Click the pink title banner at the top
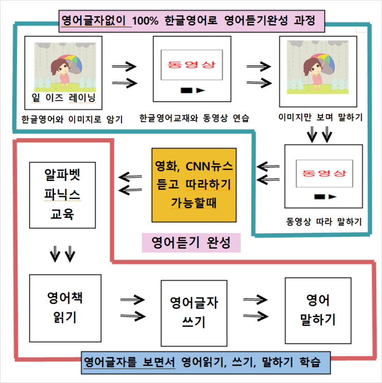tap(192, 21)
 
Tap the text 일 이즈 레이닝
tap(63, 98)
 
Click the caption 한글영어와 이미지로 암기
tap(72, 119)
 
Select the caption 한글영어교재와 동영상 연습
tap(194, 118)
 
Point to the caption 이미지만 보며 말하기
tap(320, 117)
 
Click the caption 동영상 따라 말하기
tap(324, 222)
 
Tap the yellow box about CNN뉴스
tap(194, 185)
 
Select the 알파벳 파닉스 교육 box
tap(62, 195)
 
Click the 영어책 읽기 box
tap(65, 308)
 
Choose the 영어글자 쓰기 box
tap(194, 313)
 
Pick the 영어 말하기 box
tap(318, 310)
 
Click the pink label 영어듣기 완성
tap(191, 242)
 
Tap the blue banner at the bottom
tap(206, 362)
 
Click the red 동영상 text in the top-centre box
tap(192, 64)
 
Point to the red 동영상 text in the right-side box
tap(324, 173)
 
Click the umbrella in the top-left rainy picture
tap(73, 64)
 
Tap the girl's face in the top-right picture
tap(312, 67)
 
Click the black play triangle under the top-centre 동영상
tap(201, 91)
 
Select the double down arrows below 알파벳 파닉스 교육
tap(62, 254)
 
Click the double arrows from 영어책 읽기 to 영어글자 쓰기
tap(133, 308)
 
